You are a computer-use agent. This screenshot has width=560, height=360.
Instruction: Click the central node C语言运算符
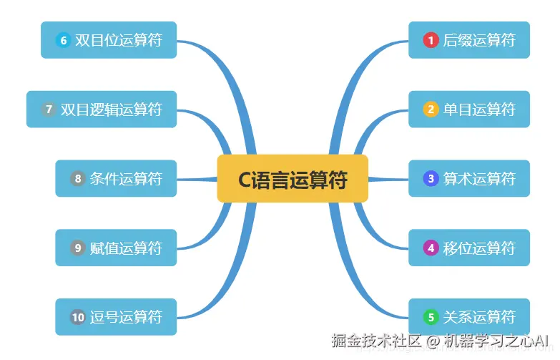coord(293,179)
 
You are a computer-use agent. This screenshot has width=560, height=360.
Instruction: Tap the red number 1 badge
coord(430,40)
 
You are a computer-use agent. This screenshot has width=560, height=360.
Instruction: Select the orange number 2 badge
coord(430,110)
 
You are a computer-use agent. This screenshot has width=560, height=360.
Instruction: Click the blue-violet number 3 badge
coord(430,178)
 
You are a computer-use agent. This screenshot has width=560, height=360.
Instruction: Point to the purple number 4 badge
coord(430,248)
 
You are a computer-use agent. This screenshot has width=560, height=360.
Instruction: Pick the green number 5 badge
coord(430,316)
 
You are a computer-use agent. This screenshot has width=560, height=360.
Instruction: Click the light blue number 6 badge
coord(63,40)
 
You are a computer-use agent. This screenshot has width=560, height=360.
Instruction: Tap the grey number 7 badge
coord(49,110)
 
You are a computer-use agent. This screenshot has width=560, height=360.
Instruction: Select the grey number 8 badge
coord(77,178)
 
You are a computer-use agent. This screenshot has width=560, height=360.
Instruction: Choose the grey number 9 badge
coord(77,248)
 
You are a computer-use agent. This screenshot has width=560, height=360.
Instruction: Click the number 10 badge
coord(77,316)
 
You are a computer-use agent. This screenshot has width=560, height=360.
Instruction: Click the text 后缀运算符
coord(479,40)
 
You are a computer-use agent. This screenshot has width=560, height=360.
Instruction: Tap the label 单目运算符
coord(479,110)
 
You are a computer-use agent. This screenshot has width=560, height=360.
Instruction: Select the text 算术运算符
coord(479,178)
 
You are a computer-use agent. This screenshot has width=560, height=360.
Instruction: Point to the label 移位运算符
coord(479,248)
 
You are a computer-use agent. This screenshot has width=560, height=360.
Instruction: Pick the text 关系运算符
coord(479,316)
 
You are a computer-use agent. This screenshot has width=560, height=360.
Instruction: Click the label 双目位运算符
coord(119,40)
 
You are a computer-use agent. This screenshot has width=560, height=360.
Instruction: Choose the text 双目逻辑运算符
coord(112,110)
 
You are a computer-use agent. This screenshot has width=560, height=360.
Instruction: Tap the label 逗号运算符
coord(126,316)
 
